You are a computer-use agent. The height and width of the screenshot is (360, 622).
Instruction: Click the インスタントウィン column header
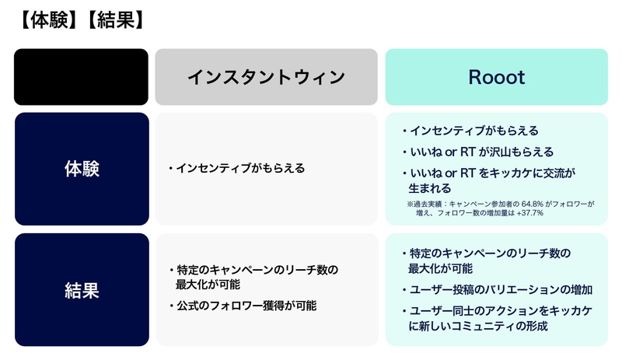tap(266, 77)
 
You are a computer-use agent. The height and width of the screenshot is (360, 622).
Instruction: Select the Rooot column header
tap(496, 77)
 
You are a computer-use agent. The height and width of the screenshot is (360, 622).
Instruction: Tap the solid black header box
tap(81, 77)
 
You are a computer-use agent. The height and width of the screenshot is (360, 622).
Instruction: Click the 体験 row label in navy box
tap(82, 169)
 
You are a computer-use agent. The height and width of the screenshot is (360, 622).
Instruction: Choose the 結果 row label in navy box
tap(82, 290)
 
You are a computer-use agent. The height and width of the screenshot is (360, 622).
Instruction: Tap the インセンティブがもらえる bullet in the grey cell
tap(237, 168)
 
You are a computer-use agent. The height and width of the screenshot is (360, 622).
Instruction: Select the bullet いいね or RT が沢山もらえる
tap(478, 152)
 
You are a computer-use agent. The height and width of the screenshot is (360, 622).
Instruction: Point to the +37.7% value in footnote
tap(529, 213)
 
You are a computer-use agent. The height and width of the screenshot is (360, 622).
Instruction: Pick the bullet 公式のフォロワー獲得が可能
tap(243, 306)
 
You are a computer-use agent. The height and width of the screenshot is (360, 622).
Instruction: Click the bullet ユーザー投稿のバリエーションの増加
tap(498, 290)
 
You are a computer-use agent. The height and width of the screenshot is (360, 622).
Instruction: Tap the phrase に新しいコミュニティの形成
tap(478, 326)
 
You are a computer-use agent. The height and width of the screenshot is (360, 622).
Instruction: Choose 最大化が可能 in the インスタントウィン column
tap(208, 285)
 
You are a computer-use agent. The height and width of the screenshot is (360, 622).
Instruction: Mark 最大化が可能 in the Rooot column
tap(440, 268)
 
